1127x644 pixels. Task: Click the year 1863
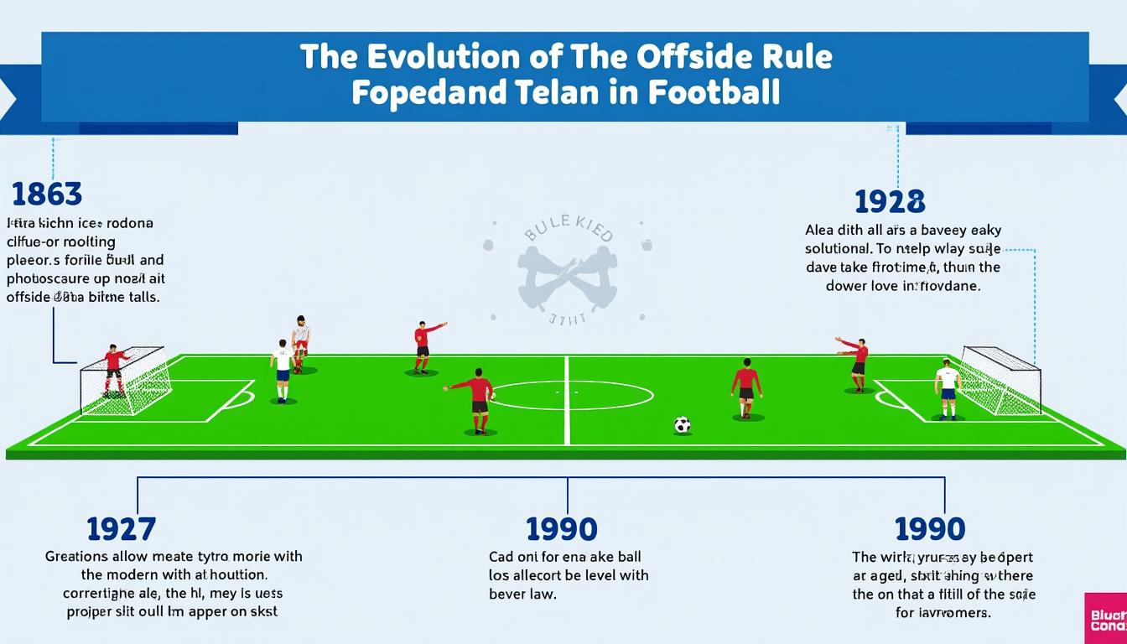(47, 194)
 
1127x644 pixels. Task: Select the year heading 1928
(890, 201)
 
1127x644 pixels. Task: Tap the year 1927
(121, 529)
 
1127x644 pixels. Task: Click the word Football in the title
(714, 91)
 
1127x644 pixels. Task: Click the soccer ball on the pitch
(682, 425)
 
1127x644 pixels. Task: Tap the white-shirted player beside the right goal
(948, 388)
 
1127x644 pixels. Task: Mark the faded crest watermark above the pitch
(567, 270)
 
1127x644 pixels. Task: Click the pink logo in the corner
(1106, 619)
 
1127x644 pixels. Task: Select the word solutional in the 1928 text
(847, 249)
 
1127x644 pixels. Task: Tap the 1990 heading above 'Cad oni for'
(561, 529)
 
